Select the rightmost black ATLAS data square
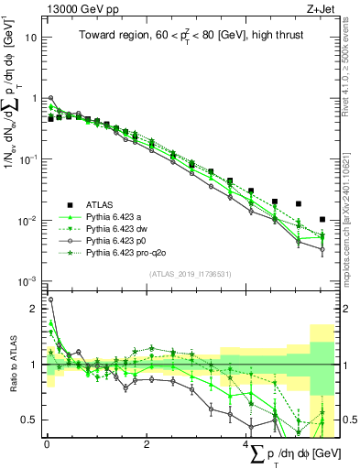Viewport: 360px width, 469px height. (322, 220)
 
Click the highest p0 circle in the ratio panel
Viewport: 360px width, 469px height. (50, 299)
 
